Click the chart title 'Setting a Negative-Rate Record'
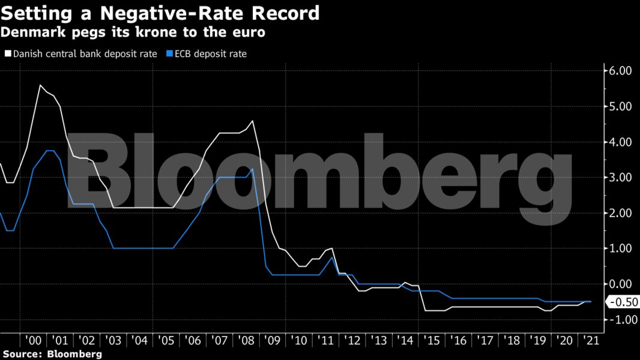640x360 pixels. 160,13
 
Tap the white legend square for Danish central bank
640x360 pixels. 8,54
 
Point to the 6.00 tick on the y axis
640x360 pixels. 621,71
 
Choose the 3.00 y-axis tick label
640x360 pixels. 621,178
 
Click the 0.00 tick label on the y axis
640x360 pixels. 621,284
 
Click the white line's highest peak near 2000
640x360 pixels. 40,85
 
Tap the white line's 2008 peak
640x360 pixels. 252,121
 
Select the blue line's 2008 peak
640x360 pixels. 252,169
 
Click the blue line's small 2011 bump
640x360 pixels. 331,257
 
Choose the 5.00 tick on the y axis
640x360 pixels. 621,106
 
